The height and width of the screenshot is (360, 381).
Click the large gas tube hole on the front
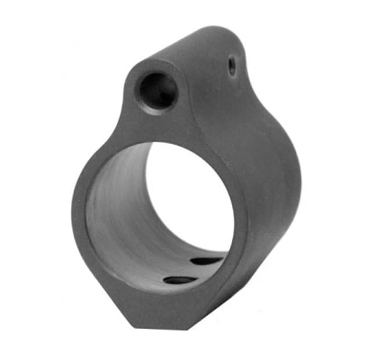point(157,91)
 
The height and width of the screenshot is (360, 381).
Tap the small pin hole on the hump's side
point(232,66)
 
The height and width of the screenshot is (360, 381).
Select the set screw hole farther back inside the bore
point(207,261)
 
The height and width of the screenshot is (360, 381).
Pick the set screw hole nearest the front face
point(179,280)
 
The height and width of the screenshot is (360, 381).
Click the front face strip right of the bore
point(239,221)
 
